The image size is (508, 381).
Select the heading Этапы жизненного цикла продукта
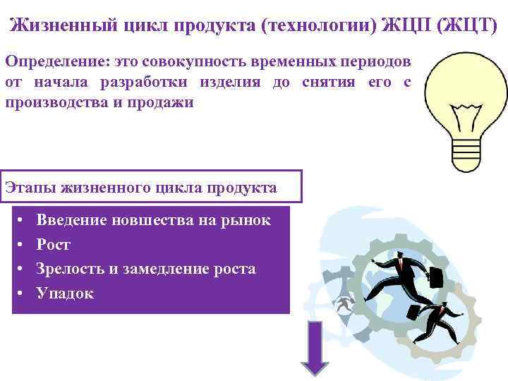tap(140, 188)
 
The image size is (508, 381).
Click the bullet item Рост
tap(54, 245)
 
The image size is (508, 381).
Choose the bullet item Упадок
tap(65, 294)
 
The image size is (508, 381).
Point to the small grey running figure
tap(344, 305)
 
